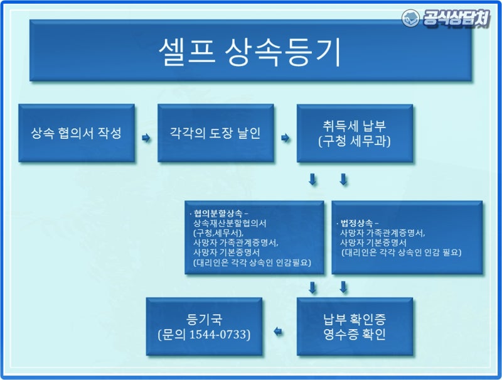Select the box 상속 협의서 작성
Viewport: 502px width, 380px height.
tap(76, 134)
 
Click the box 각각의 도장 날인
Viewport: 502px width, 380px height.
tap(215, 134)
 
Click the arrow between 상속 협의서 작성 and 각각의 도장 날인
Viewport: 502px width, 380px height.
tap(146, 136)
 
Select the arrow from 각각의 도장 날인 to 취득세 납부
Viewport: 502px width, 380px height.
tap(286, 136)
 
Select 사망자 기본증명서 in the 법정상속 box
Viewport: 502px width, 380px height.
tap(373, 242)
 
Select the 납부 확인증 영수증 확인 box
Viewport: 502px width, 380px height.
tap(355, 325)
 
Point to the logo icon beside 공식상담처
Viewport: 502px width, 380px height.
tap(410, 18)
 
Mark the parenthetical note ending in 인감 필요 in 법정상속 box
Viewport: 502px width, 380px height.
tap(402, 252)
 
